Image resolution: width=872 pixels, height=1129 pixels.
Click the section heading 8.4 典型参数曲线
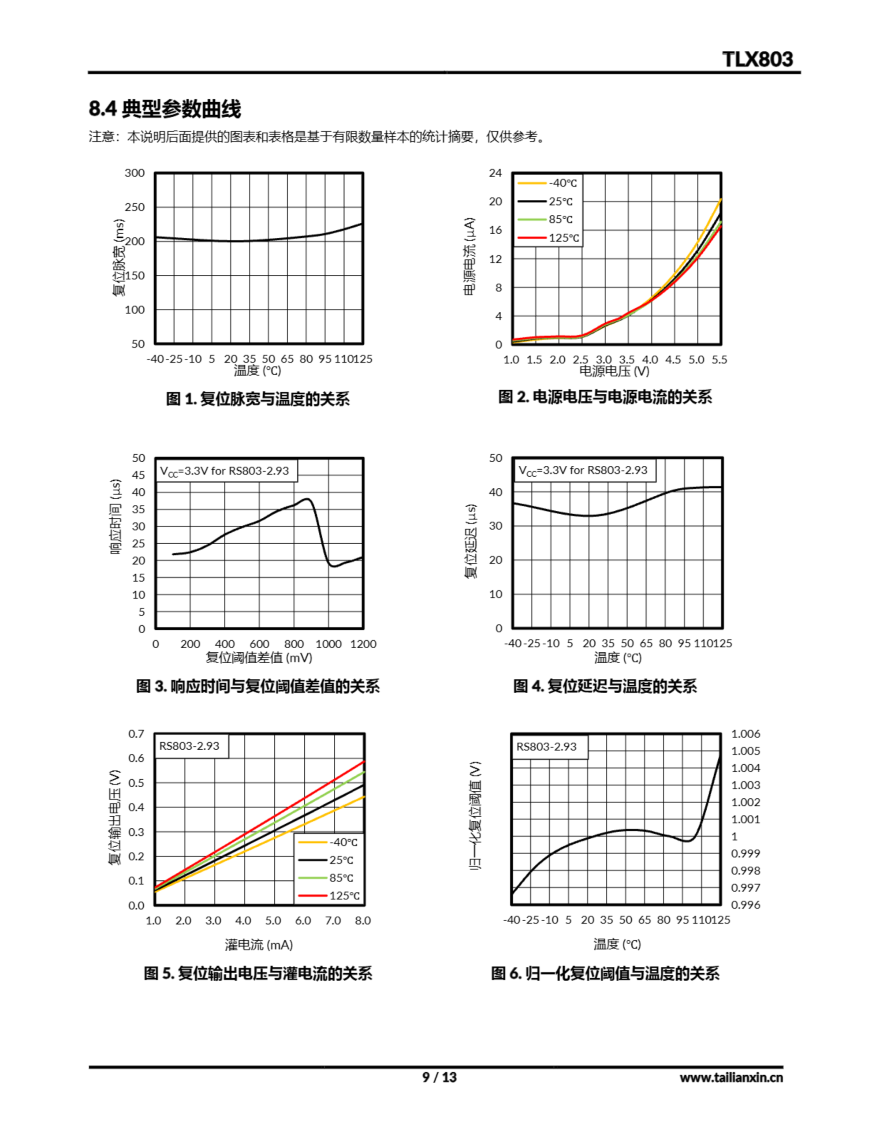point(164,109)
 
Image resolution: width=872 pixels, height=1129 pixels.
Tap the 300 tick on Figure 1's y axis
point(134,173)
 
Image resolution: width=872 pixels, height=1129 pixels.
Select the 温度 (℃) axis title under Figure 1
point(257,370)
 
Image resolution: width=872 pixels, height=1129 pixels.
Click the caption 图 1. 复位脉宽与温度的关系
point(257,399)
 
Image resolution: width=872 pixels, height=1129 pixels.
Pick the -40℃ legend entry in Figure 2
point(563,183)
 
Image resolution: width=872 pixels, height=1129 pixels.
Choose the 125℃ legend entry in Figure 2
point(563,238)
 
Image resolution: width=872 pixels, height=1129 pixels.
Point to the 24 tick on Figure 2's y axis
point(495,173)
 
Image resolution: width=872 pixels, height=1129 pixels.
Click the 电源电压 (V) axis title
point(614,370)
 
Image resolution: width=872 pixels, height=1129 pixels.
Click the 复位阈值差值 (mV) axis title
point(258,658)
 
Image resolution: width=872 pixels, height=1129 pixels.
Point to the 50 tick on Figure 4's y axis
point(495,458)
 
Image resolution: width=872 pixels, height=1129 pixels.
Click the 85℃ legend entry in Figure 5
point(341,878)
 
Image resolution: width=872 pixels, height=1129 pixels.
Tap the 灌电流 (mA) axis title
point(258,945)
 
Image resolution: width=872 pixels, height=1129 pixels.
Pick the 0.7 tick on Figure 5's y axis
point(137,734)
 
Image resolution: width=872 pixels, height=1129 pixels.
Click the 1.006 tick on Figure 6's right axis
point(745,734)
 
